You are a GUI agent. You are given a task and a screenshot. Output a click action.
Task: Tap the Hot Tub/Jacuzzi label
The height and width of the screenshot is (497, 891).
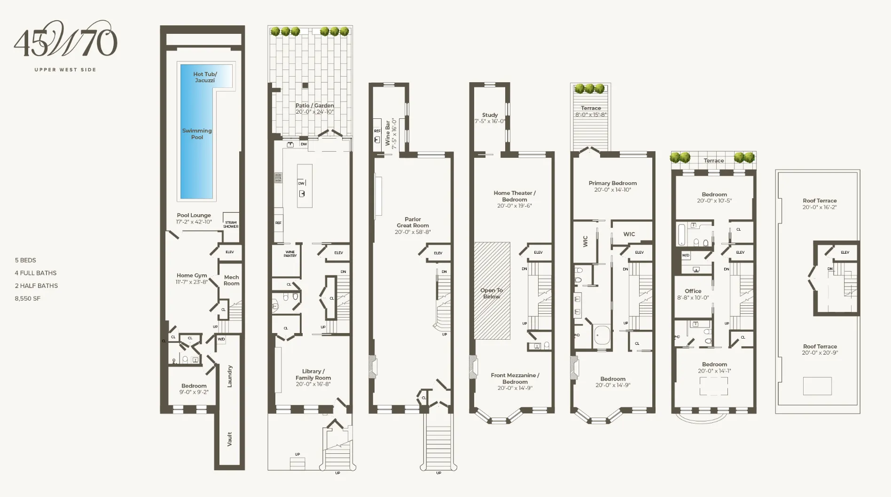point(205,77)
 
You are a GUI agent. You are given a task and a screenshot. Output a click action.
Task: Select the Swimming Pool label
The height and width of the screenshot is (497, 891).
point(197,134)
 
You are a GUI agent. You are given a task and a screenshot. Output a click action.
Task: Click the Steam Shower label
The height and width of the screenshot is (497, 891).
point(231,225)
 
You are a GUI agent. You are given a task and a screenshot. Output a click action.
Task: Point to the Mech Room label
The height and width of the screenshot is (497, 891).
point(231,280)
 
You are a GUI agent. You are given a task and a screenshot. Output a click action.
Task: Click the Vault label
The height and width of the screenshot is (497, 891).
point(229,439)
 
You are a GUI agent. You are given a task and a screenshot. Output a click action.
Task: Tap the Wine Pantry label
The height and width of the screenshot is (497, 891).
point(290,254)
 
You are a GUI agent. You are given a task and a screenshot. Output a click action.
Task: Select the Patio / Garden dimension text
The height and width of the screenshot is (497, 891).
point(314,112)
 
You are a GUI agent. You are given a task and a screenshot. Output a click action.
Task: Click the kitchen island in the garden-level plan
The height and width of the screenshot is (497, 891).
point(305,186)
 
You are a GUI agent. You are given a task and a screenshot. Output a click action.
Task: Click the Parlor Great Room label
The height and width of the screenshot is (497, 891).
point(413,225)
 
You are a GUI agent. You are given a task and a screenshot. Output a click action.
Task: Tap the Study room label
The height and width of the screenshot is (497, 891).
point(490,115)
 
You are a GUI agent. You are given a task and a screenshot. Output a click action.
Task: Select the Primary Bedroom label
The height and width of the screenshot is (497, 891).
point(612,183)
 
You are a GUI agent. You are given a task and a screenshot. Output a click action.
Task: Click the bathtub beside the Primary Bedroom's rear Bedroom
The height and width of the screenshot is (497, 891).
point(602,336)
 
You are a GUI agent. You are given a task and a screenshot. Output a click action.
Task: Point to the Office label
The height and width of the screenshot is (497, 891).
point(693,291)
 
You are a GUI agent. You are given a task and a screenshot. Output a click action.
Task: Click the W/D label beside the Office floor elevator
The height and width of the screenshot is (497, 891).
point(686,256)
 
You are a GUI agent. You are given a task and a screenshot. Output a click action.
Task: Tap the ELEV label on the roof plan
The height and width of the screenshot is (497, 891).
point(844,252)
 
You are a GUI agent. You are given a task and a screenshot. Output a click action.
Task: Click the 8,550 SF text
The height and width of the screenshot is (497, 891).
point(27,298)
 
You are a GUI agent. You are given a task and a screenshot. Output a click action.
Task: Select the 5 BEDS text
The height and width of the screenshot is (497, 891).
point(25,260)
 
